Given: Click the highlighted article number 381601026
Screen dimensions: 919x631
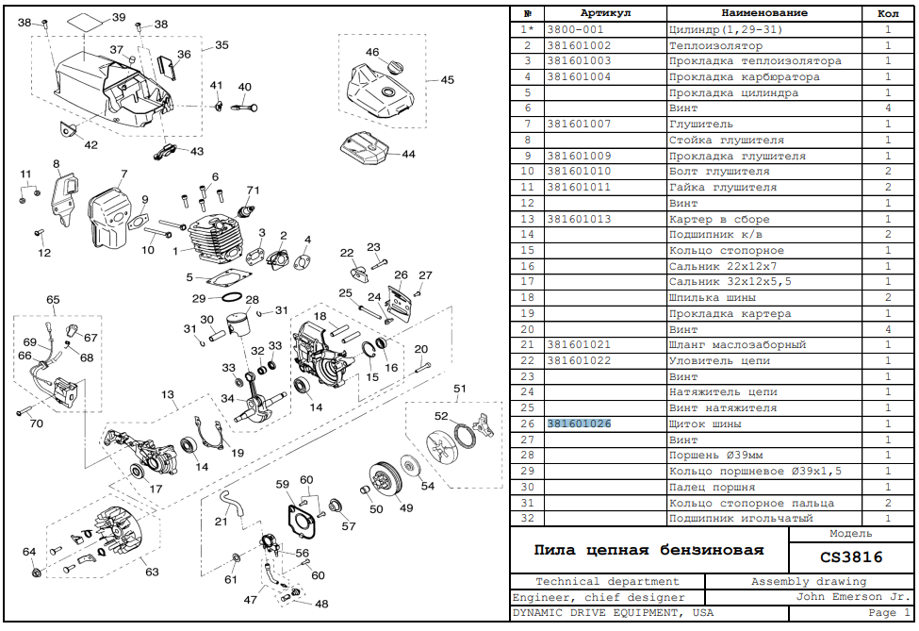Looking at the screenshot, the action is (579, 423).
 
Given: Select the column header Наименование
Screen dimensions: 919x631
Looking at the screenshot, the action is (764, 13).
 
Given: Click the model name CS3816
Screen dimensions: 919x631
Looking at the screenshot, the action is (851, 556).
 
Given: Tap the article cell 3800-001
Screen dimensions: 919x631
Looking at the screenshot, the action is (575, 29).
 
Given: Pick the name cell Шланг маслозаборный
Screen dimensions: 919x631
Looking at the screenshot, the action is (737, 345).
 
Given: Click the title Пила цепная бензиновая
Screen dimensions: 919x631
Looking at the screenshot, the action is (648, 550).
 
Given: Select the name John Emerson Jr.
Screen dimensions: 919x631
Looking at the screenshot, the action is (851, 597).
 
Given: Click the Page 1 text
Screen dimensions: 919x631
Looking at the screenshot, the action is (889, 613).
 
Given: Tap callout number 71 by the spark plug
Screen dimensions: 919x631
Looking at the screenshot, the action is (253, 190).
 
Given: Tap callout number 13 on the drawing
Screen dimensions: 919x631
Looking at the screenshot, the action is (168, 394).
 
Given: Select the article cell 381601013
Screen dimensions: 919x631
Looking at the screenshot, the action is (579, 219).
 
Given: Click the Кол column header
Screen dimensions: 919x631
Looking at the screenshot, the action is (888, 13).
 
